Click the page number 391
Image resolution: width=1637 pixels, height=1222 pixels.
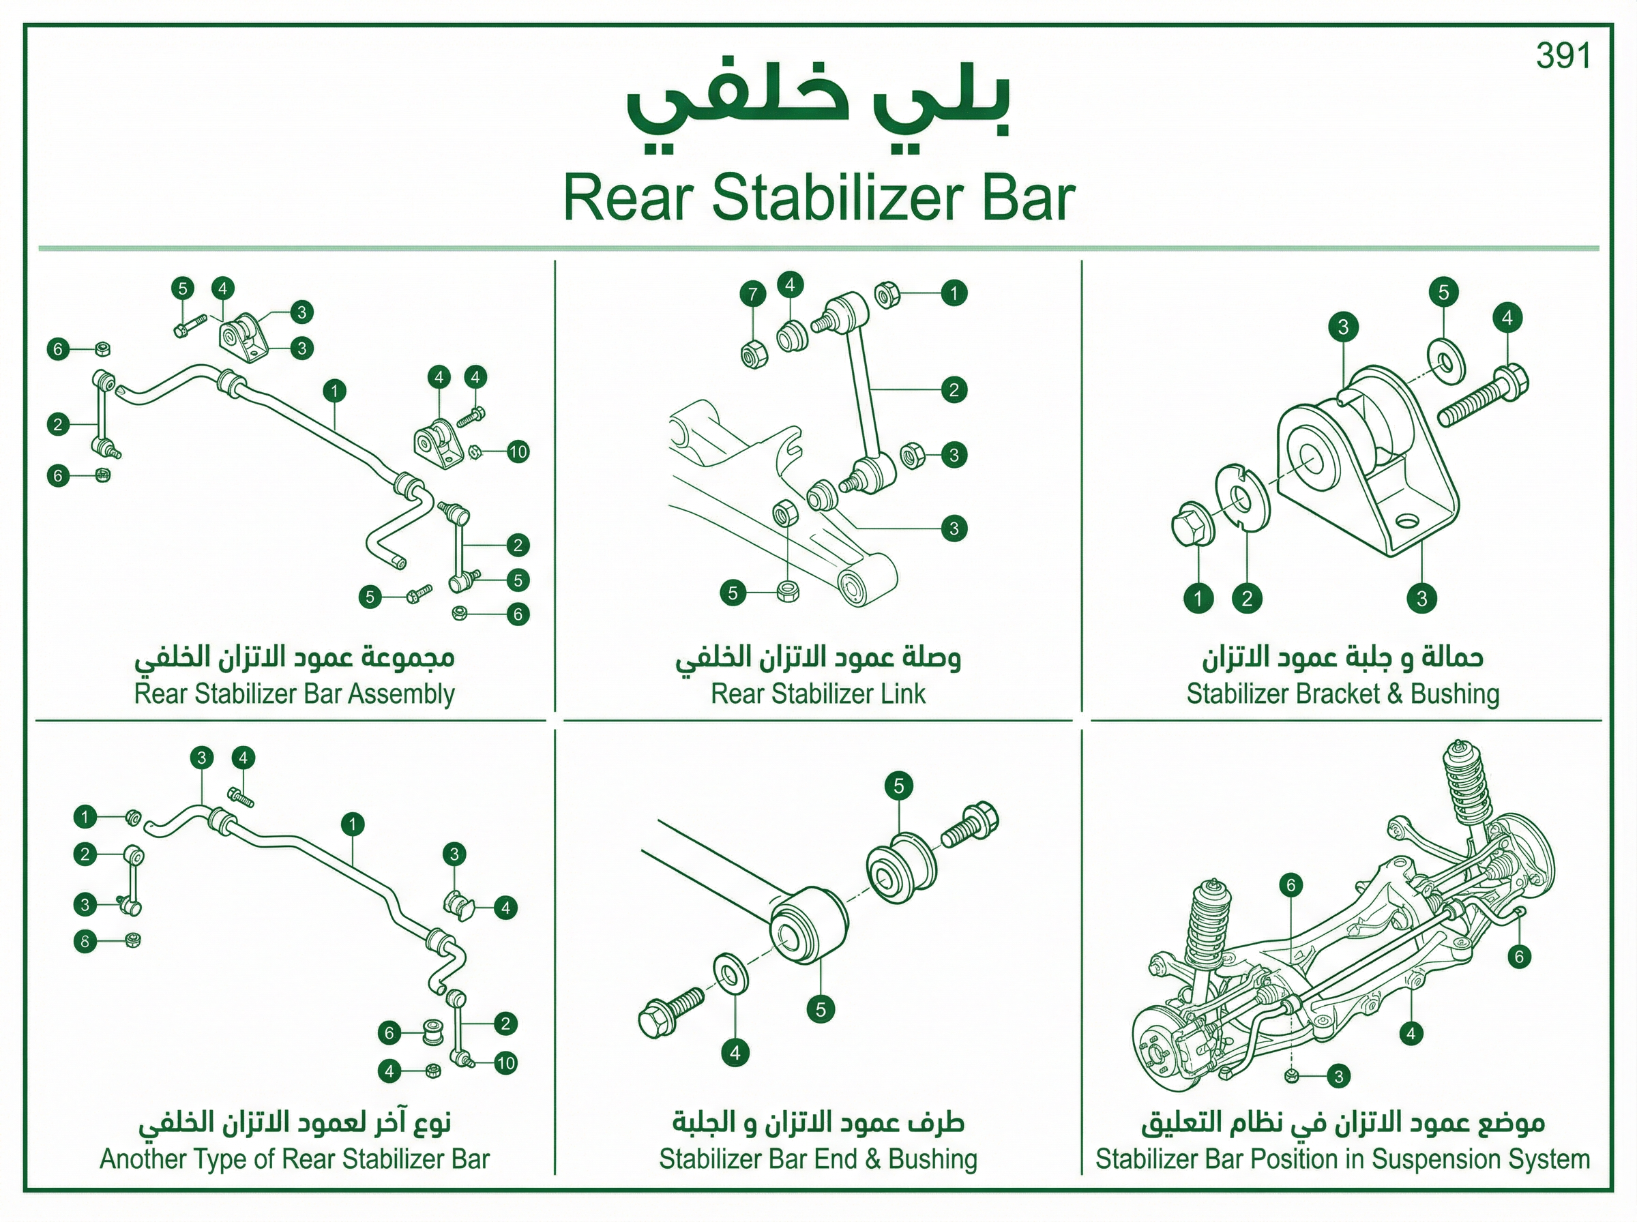(1563, 56)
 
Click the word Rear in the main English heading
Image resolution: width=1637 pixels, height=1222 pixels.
(629, 198)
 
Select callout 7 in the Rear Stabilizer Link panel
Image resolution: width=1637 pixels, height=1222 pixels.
(752, 295)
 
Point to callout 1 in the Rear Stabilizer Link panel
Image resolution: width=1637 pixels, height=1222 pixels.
(954, 294)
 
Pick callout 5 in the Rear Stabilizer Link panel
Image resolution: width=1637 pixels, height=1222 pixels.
(733, 593)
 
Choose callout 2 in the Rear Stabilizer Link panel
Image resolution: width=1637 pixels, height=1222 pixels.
(954, 390)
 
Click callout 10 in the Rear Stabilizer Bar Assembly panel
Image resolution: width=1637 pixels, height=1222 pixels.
(518, 452)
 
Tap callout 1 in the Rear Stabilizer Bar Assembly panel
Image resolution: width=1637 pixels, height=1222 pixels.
(334, 391)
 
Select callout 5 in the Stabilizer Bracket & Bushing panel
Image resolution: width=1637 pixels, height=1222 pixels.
(1443, 292)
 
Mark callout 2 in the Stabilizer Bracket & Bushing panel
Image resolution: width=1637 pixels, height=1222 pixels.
(1246, 597)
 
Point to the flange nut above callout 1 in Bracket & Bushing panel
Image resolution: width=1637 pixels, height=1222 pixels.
(1192, 524)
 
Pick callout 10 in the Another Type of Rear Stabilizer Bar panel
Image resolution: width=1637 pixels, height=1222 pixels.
(505, 1064)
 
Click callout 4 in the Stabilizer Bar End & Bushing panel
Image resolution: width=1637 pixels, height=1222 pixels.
(735, 1053)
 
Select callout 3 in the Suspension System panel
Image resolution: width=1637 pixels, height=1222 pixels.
(1338, 1076)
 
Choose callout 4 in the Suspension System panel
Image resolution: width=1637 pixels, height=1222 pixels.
(1411, 1033)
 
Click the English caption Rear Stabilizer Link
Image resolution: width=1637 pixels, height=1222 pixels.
(818, 694)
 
